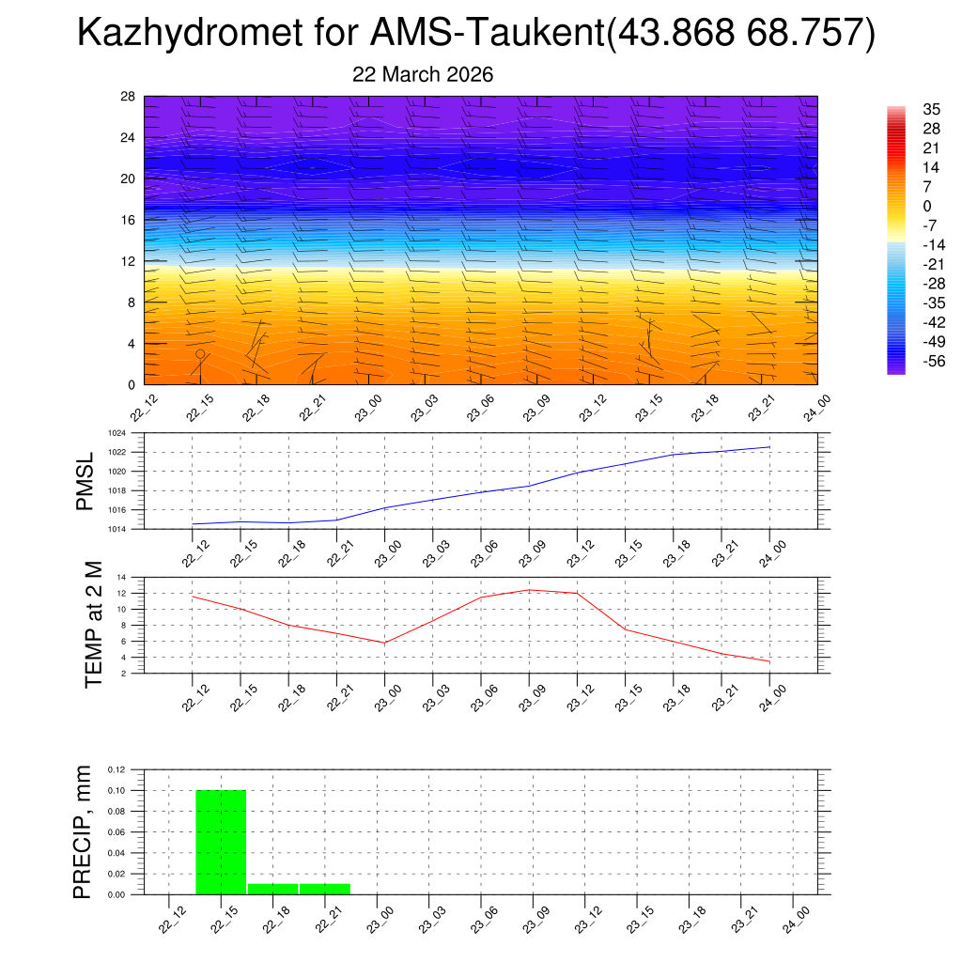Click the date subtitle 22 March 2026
point(423,74)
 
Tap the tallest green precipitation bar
point(221,842)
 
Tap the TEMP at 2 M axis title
point(93,624)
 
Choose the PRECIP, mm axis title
point(85,831)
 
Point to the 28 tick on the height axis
point(129,96)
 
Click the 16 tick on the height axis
point(129,220)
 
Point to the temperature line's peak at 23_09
point(529,590)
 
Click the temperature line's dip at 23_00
point(385,643)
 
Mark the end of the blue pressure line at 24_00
point(770,447)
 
